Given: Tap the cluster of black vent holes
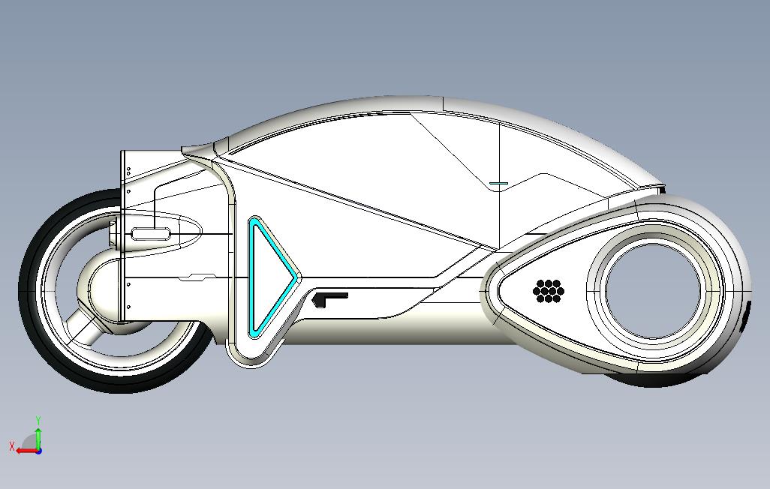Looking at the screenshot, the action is (x=549, y=291).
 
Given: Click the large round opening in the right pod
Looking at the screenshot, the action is (x=652, y=289).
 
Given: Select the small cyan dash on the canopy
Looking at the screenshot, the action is (x=498, y=183).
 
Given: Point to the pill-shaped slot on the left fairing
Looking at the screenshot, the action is (x=152, y=234).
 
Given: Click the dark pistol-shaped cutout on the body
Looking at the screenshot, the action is (x=327, y=298).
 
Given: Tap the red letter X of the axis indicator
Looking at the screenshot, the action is (x=12, y=446).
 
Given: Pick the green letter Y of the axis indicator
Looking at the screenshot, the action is (x=38, y=421).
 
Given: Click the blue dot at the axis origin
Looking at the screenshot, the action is (x=38, y=451).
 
